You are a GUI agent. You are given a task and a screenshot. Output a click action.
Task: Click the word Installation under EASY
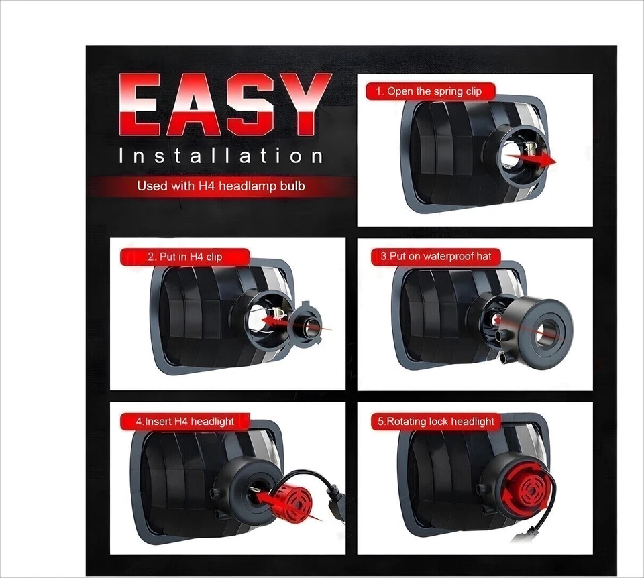[x=221, y=156]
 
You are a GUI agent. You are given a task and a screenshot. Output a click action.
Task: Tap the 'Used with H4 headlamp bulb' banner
[x=221, y=186]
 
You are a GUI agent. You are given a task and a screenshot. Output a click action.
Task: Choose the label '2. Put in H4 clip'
[x=185, y=257]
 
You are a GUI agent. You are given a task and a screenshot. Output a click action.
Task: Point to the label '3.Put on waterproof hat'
[x=436, y=256]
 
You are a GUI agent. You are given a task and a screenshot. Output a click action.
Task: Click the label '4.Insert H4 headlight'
[x=185, y=422]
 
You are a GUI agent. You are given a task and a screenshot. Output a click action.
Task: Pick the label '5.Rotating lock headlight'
[x=436, y=422]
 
